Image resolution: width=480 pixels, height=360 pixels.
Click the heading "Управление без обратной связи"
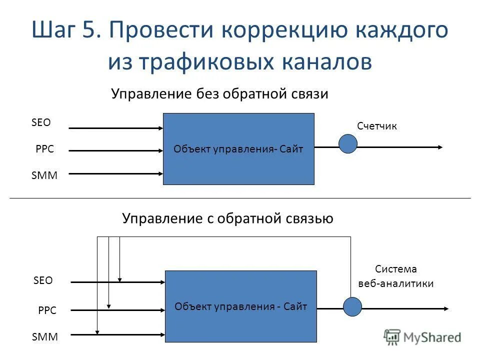219,94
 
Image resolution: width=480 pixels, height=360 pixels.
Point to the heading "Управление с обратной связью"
227,218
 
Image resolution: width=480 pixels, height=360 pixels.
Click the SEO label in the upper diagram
41,122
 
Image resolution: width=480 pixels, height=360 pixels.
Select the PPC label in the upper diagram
44,149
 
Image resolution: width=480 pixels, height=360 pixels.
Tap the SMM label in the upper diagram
44,175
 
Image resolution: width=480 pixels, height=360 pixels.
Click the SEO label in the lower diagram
43,280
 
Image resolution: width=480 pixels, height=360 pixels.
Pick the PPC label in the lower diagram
47,310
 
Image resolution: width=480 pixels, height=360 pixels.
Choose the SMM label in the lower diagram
45,337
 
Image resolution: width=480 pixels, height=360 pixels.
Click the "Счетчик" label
377,126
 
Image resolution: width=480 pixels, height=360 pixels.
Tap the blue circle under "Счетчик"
348,143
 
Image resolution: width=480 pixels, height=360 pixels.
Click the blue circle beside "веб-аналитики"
352,307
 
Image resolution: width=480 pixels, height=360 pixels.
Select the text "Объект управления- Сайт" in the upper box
238,149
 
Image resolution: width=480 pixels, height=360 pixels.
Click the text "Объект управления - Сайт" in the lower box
240,306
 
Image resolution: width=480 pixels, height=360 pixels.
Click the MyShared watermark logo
422,337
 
